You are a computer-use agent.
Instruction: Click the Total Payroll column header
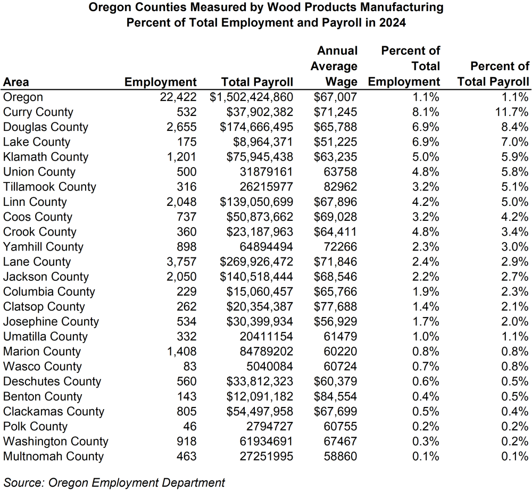coord(257,82)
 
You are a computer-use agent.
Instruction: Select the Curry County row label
coord(38,112)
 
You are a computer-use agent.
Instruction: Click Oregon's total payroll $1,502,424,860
coord(252,97)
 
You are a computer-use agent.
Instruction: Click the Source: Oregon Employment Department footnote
coord(114,482)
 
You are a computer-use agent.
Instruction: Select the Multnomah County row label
coord(54,456)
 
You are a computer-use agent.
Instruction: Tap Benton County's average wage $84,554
coord(336,396)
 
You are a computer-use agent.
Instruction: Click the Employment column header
coord(160,82)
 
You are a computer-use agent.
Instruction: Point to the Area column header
coord(16,82)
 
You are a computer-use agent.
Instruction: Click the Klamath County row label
coord(46,157)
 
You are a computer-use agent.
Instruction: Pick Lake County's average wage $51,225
coord(336,142)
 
